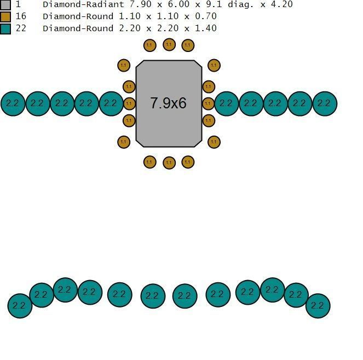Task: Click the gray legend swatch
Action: (5, 5)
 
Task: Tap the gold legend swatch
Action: (5, 16)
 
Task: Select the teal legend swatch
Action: (5, 28)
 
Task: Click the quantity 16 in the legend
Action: (21, 16)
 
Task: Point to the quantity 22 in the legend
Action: (21, 28)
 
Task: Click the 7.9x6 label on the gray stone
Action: (169, 103)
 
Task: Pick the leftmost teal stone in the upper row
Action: (13, 103)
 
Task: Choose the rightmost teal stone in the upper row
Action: (324, 103)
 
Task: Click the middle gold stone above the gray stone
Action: (169, 45)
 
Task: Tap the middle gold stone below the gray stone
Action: (169, 162)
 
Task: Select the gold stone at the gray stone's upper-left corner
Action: (124, 66)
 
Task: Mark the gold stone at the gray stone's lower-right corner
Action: (214, 142)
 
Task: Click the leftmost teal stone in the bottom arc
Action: (20, 305)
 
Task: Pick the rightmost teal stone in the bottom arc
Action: (318, 306)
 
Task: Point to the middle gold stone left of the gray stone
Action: (129, 103)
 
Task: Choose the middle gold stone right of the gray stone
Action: (208, 103)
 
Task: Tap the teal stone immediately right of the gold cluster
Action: (226, 103)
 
